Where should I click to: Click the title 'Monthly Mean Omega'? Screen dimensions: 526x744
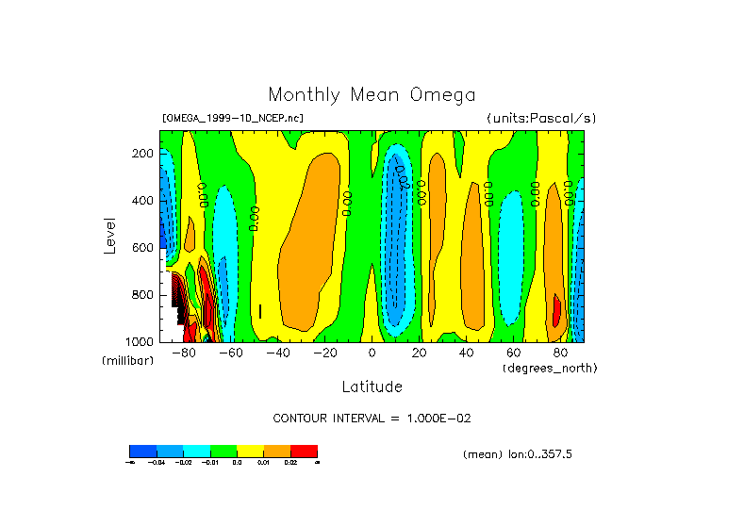click(x=372, y=94)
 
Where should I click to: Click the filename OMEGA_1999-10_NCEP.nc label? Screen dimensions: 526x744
click(x=232, y=119)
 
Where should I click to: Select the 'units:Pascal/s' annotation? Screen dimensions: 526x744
click(x=541, y=119)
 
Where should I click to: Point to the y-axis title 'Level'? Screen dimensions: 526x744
click(x=109, y=234)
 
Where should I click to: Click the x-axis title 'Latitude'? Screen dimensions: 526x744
click(x=372, y=386)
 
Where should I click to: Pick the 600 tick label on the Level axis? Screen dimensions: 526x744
click(x=143, y=247)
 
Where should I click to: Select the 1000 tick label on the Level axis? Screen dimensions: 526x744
click(x=141, y=341)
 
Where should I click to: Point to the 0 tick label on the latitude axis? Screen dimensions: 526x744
click(x=372, y=353)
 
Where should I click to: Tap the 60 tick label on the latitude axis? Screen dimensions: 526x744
click(x=513, y=353)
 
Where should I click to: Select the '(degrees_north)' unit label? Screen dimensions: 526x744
click(x=549, y=367)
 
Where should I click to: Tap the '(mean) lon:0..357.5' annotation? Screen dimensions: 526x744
click(x=518, y=454)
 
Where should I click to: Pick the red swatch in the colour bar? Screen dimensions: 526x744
click(x=304, y=451)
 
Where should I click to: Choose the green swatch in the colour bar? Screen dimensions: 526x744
click(x=223, y=451)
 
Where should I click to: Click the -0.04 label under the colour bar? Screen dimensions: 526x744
click(x=170, y=463)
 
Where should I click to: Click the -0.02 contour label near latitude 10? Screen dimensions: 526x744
click(x=401, y=177)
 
